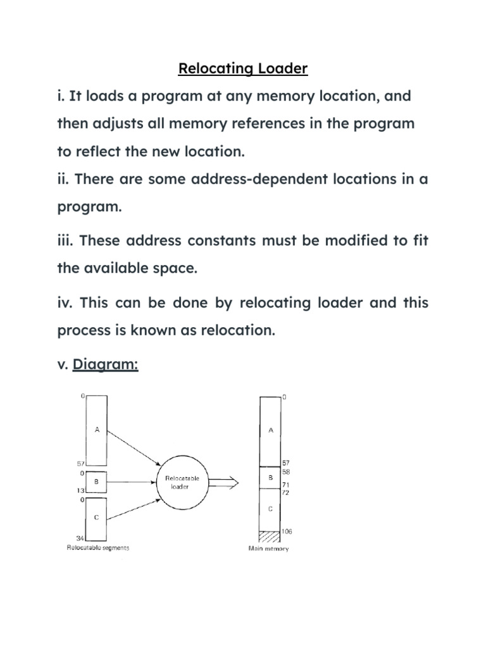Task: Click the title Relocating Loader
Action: coord(243,68)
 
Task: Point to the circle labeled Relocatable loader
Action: coord(182,483)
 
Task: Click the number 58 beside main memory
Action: coord(286,472)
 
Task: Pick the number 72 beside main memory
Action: coord(286,492)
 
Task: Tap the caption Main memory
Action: coord(268,549)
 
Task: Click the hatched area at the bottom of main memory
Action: coord(271,535)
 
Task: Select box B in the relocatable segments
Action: coord(96,482)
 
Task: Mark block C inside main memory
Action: coord(271,509)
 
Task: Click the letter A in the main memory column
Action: coord(271,430)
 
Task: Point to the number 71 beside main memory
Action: coord(286,485)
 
